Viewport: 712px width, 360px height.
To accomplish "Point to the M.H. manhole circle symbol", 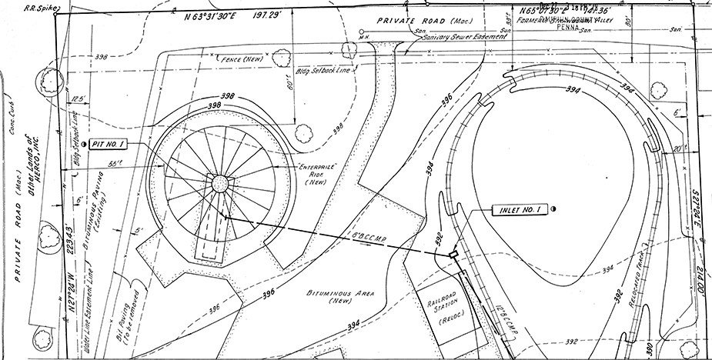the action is pos(362,32).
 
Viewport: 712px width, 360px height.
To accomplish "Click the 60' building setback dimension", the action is pos(292,78).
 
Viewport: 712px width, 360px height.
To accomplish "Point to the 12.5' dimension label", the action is pos(75,99).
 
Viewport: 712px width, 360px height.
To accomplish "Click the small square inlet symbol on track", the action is pos(453,253).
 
